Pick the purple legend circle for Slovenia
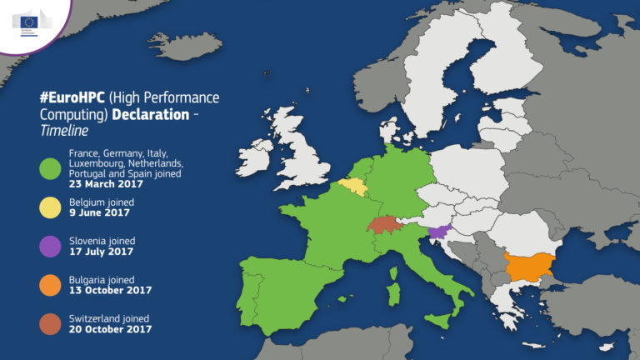pyautogui.click(x=52, y=246)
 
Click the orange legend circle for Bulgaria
pyautogui.click(x=52, y=285)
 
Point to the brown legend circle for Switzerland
pyautogui.click(x=52, y=323)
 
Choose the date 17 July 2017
pyautogui.click(x=100, y=251)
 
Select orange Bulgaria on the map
pyautogui.click(x=534, y=266)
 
